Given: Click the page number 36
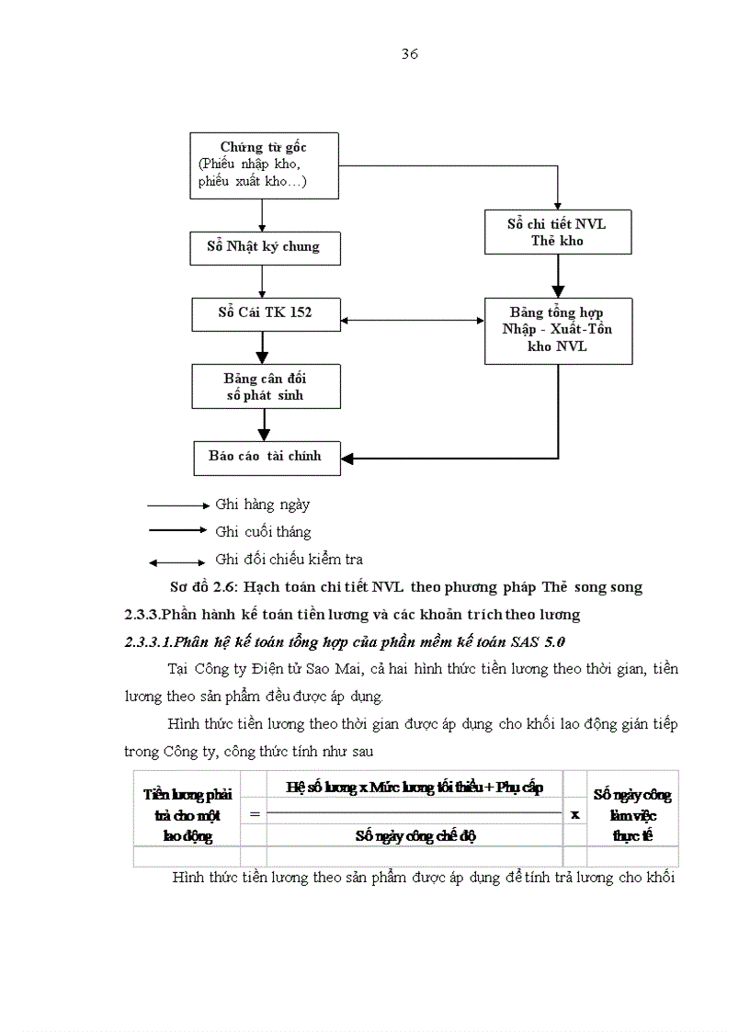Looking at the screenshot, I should [x=410, y=54].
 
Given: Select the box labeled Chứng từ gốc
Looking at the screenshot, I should [x=262, y=165].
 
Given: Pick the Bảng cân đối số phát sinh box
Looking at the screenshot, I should [x=264, y=386].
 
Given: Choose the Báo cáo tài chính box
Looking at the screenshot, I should [x=267, y=456].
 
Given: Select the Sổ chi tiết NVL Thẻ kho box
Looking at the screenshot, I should [x=557, y=232].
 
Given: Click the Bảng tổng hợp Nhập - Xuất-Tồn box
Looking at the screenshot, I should [x=557, y=330].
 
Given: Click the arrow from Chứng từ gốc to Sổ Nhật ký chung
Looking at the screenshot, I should [x=263, y=214].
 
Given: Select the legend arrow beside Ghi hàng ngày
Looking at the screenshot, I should [x=178, y=505].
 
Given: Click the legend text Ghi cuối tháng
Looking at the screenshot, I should [x=263, y=532].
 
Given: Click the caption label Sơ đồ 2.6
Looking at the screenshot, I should [x=204, y=587].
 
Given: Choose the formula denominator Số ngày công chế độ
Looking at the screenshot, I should [x=415, y=835].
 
